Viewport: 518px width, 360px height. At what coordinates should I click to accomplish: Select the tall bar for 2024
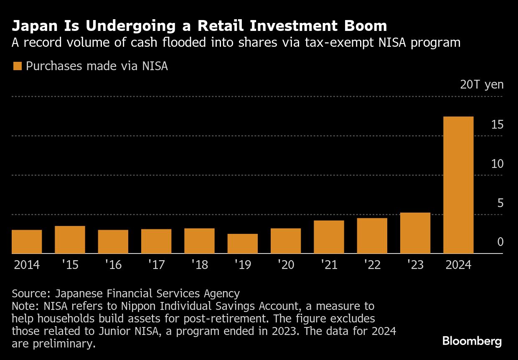coord(458,185)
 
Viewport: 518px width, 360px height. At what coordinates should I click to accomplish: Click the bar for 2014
coord(27,242)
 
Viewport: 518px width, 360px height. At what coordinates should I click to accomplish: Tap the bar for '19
coord(242,243)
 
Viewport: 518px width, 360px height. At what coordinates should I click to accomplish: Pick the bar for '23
coord(415,233)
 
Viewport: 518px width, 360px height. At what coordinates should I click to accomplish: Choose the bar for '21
coord(329,237)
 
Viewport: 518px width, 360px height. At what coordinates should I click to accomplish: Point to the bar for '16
coord(113,242)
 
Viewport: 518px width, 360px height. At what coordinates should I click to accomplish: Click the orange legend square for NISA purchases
coord(17,66)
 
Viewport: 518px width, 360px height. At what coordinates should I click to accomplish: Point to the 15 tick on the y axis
coord(497,124)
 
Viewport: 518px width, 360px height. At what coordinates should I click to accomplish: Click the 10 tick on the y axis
coord(497,164)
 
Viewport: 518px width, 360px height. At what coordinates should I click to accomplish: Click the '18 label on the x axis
coord(199,265)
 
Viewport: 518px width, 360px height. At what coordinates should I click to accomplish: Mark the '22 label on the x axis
coord(372,265)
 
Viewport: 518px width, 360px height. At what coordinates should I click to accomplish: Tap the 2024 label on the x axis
coord(458,265)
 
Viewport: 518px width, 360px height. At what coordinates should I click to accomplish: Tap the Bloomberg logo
coord(472,341)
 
